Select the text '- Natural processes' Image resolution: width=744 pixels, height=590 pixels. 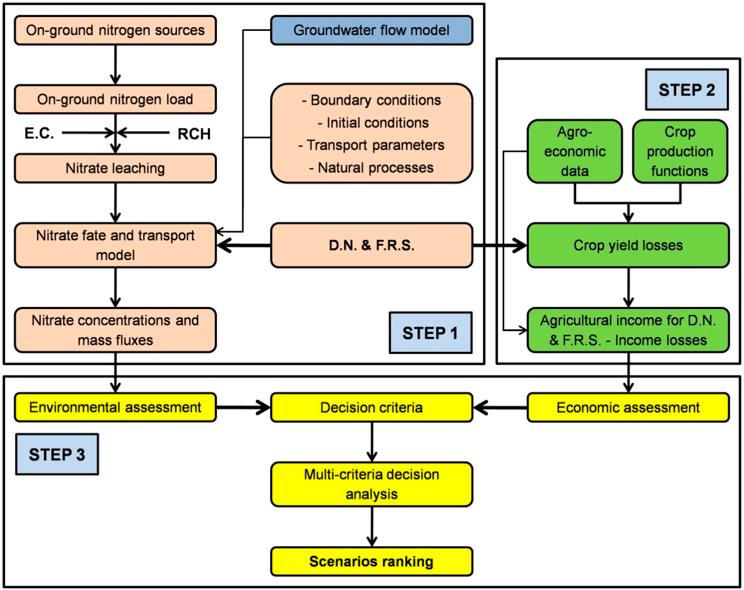pyautogui.click(x=371, y=168)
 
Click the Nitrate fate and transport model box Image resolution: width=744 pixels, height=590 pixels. pyautogui.click(x=115, y=245)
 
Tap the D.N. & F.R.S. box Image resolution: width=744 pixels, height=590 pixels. pyautogui.click(x=371, y=245)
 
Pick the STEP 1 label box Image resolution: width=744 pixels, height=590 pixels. pyautogui.click(x=430, y=333)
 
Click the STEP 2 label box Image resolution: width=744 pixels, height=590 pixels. pyautogui.click(x=687, y=90)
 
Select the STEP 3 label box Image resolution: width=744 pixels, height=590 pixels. pyautogui.click(x=57, y=454)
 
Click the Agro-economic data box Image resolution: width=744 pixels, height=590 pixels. pyautogui.click(x=575, y=151)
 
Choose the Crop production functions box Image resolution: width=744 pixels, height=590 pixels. pyautogui.click(x=680, y=151)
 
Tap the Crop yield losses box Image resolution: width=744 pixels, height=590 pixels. pyautogui.click(x=628, y=245)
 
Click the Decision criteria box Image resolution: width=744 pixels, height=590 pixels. pyautogui.click(x=371, y=407)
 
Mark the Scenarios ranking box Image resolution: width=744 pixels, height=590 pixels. pyautogui.click(x=371, y=561)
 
